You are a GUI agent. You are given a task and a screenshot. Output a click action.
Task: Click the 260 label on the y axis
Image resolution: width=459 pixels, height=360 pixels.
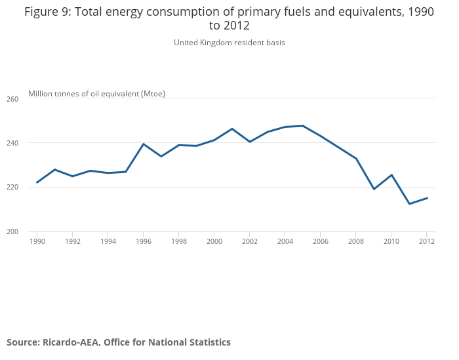(13, 98)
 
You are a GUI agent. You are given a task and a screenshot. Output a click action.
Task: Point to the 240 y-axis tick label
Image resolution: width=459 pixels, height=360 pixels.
(13, 143)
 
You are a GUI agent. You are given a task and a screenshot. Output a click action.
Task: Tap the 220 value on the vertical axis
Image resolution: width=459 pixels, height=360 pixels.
(13, 187)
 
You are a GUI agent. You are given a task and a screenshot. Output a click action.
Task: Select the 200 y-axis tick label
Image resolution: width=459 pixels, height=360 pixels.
(13, 231)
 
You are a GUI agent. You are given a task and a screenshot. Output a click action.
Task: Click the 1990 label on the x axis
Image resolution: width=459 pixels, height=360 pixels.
(37, 241)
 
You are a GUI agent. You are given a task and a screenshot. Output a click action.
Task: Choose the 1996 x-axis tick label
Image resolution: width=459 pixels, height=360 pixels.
(144, 241)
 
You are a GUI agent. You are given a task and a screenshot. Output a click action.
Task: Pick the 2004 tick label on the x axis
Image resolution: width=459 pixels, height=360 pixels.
(285, 241)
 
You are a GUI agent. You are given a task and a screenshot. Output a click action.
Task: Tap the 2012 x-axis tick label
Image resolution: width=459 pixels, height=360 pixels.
(427, 241)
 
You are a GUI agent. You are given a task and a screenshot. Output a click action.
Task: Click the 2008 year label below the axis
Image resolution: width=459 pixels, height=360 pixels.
(356, 241)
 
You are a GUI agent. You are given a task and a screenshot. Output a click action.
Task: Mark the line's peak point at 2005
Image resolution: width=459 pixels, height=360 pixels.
(303, 126)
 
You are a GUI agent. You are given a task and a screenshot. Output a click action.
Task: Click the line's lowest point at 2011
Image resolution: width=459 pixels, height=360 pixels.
(409, 204)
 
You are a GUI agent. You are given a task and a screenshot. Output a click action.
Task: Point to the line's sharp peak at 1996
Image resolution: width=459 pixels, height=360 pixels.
(144, 144)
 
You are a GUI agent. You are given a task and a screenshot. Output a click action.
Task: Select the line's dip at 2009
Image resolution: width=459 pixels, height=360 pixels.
(374, 189)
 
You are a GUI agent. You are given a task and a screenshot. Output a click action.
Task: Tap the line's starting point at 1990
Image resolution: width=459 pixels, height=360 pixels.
(37, 182)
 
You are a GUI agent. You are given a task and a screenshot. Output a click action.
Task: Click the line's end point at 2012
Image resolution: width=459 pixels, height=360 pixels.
(427, 198)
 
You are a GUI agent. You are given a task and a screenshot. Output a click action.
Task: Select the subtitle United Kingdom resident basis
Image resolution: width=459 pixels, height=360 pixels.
(229, 43)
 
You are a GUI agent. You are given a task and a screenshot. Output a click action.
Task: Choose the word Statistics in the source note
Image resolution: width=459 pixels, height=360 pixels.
(207, 342)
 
